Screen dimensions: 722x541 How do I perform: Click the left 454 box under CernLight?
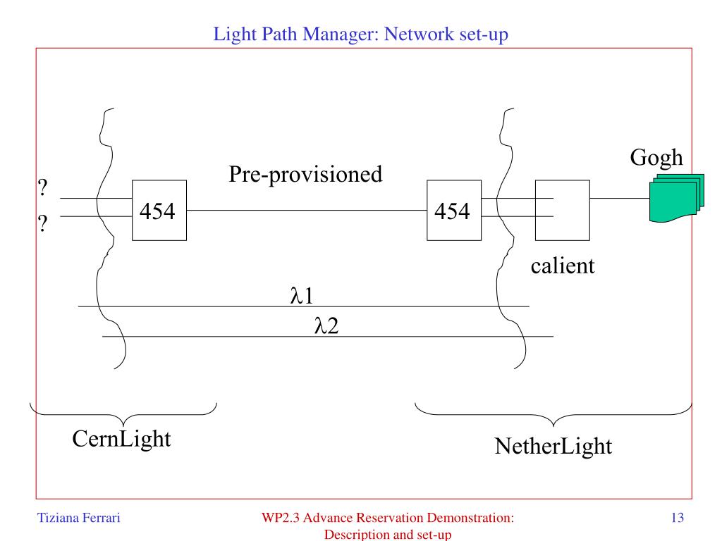[159, 210]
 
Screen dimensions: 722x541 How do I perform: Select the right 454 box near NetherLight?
[454, 210]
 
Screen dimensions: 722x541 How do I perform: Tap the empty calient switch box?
[562, 210]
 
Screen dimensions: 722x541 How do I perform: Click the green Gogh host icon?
[677, 198]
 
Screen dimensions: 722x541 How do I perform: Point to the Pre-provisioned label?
[306, 175]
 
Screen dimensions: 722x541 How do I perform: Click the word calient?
[563, 266]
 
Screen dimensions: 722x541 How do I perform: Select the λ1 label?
[302, 295]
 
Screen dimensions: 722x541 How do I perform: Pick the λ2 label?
[326, 325]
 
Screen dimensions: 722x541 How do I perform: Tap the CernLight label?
[121, 439]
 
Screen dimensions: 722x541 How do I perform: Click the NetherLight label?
[553, 446]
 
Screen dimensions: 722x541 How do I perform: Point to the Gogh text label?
[656, 158]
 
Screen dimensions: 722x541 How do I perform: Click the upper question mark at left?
[42, 187]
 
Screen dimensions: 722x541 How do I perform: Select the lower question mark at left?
[42, 223]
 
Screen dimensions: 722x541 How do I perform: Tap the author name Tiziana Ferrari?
[79, 518]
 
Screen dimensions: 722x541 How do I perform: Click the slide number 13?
[678, 518]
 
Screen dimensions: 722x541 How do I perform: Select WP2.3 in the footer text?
[281, 518]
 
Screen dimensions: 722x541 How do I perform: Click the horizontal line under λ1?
[304, 306]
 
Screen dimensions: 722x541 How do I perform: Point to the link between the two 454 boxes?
[307, 210]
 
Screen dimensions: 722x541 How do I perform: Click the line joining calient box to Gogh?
[620, 198]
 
